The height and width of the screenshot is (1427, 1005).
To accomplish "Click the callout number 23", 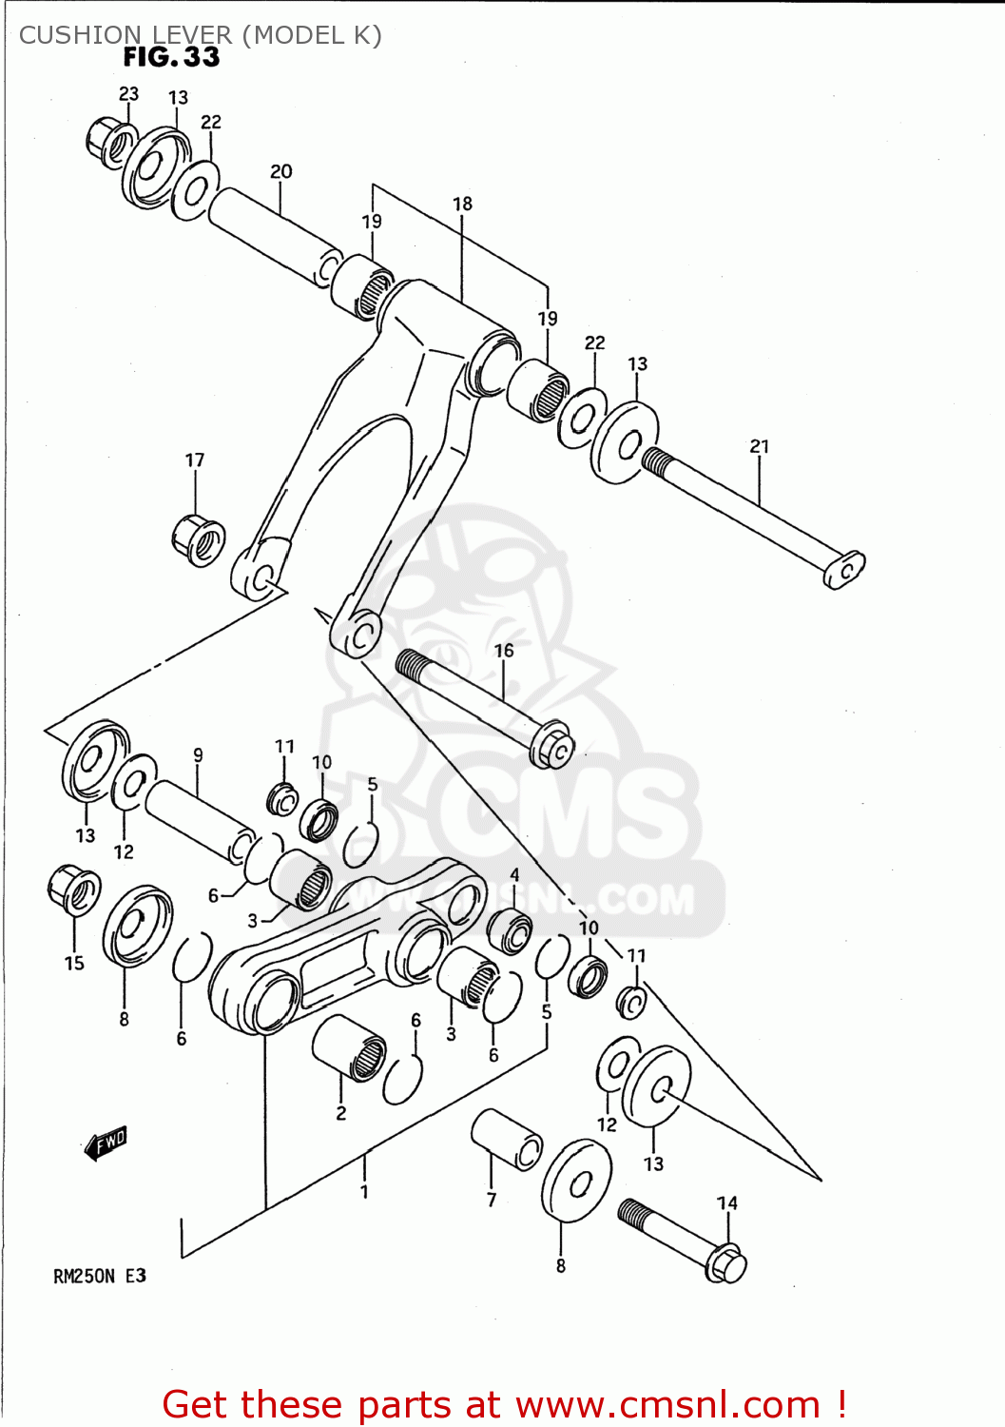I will [128, 93].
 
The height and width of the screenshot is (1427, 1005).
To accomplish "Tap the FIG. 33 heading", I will [171, 57].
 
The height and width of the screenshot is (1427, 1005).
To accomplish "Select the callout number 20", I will [281, 171].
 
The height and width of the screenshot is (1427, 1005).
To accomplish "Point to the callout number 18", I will [462, 204].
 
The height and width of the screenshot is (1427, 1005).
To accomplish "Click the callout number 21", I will [760, 446].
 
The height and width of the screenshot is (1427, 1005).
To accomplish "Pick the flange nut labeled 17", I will [199, 539].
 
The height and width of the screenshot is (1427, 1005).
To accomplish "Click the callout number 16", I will [504, 651].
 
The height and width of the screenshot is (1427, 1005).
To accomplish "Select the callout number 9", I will [198, 755].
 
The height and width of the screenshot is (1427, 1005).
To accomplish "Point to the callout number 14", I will [727, 1202].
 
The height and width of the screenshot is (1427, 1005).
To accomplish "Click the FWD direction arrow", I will [106, 1143].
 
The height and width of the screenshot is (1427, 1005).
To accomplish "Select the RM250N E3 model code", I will [100, 1276].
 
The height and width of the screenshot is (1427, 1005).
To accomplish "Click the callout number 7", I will [492, 1201].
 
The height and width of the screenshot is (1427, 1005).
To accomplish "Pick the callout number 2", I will [341, 1113].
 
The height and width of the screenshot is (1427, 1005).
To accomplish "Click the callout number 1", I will [364, 1191].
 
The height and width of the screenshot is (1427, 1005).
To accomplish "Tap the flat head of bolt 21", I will [844, 569].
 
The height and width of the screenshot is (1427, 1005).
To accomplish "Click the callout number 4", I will [514, 874].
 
